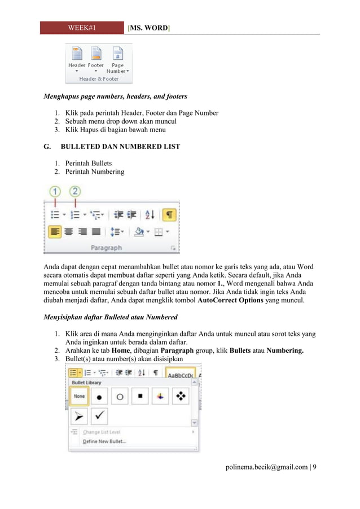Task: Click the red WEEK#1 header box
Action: point(82,27)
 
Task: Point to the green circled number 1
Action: point(55,192)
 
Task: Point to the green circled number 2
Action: point(76,192)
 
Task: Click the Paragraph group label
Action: point(107,247)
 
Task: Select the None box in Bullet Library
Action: point(79,397)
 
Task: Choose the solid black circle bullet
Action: point(99,397)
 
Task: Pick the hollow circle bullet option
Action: point(120,397)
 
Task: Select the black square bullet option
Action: point(140,397)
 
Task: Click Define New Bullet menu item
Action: point(104,441)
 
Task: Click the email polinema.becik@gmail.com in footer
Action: point(266,467)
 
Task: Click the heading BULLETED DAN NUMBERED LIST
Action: point(120,146)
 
